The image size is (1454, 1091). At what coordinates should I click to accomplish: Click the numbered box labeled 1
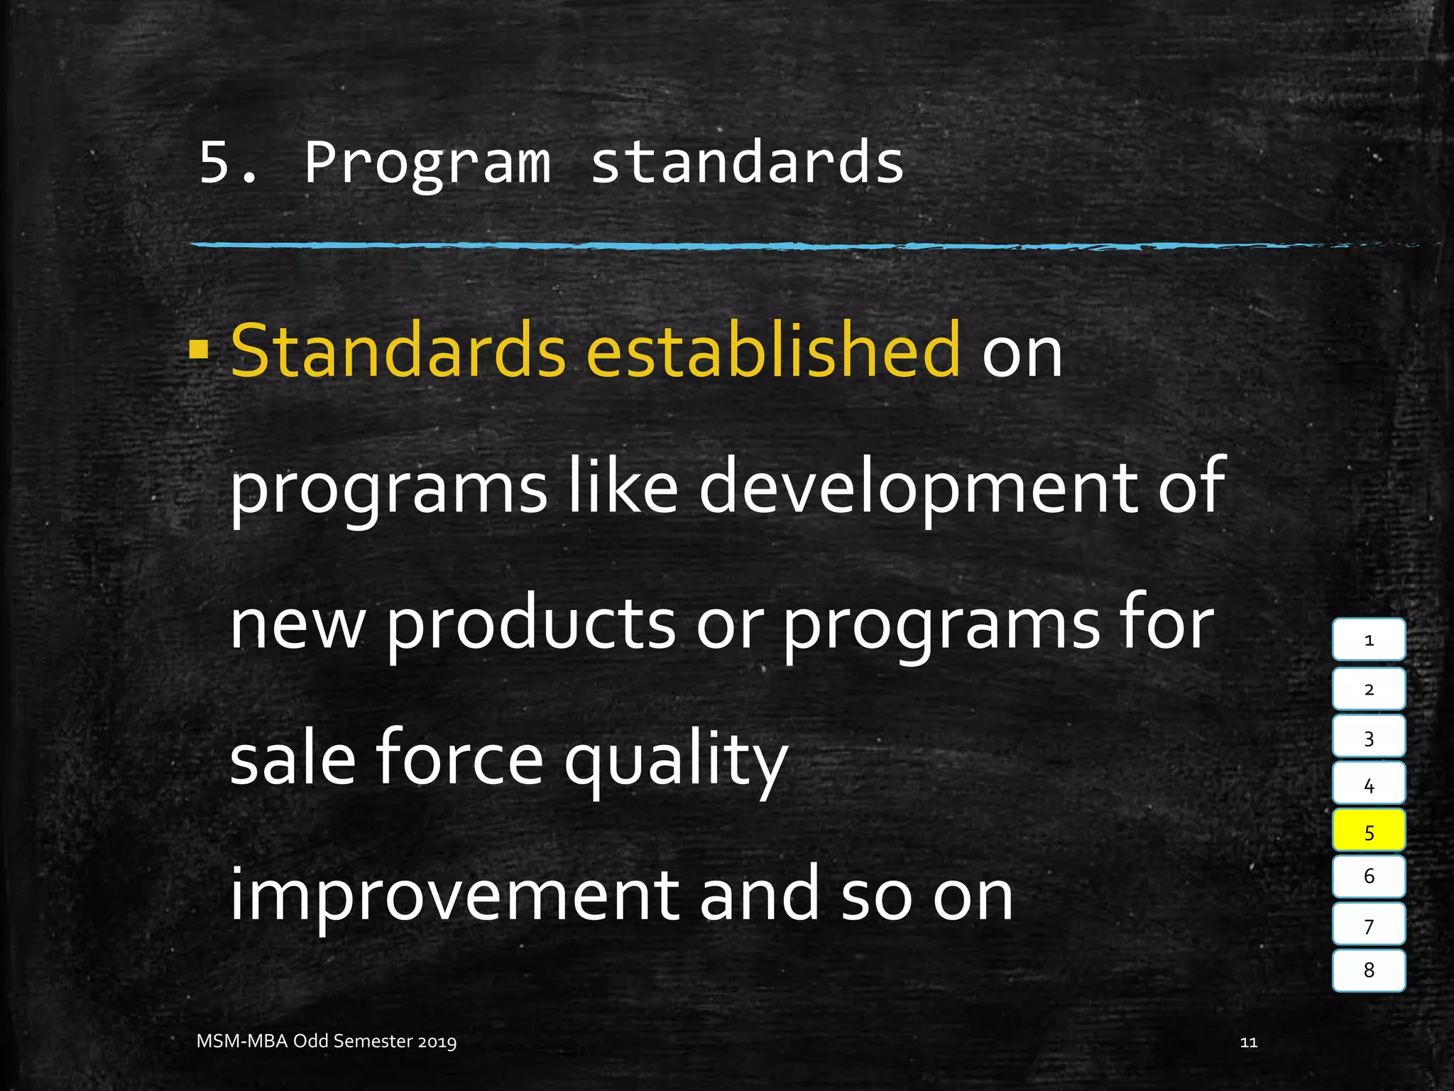click(x=1368, y=639)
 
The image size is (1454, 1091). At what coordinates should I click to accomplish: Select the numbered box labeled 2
click(x=1368, y=688)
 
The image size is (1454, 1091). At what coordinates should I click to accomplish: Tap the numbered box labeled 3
click(x=1368, y=737)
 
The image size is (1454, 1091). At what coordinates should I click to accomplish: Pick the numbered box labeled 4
click(x=1368, y=784)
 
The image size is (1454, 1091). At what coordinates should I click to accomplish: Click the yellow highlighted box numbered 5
click(x=1368, y=830)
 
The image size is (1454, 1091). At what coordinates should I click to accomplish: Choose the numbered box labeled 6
click(x=1368, y=876)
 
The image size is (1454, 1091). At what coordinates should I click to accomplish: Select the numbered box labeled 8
click(x=1368, y=970)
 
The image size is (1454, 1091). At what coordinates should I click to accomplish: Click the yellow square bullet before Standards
click(x=199, y=349)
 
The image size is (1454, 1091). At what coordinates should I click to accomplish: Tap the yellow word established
click(x=773, y=349)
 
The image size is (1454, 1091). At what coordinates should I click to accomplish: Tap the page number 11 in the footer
click(x=1248, y=1042)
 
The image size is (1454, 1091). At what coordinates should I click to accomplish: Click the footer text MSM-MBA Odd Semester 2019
click(x=327, y=1041)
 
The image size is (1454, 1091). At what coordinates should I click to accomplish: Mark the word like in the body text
click(x=623, y=487)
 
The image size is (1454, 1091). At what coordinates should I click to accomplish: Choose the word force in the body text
click(x=459, y=759)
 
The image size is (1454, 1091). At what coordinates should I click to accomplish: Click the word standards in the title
click(x=747, y=162)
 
